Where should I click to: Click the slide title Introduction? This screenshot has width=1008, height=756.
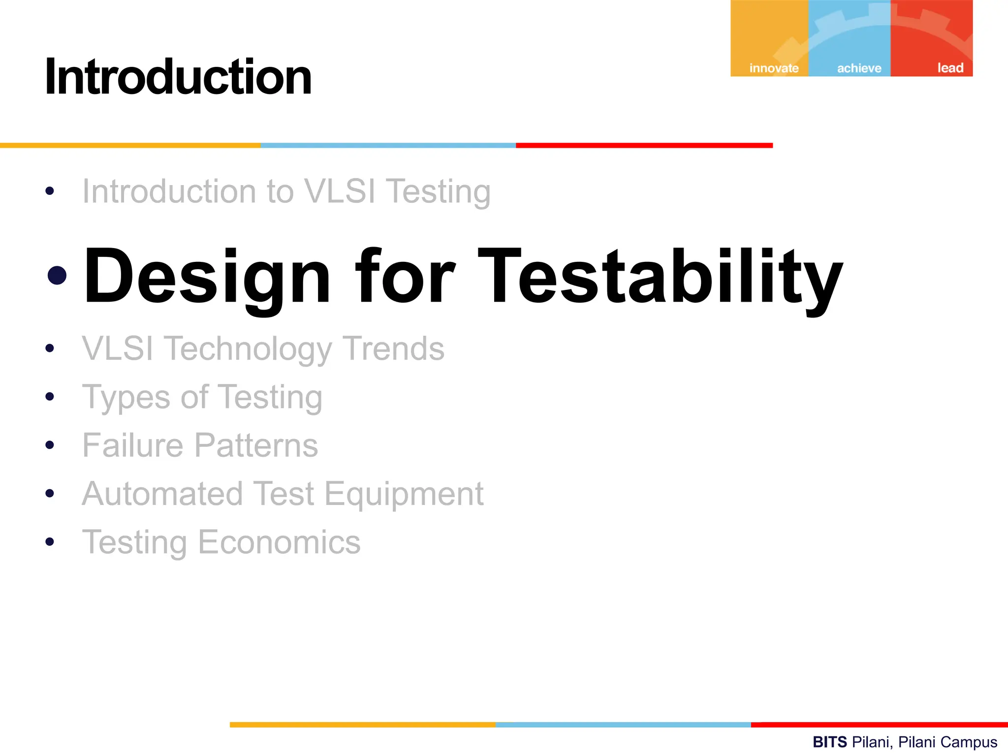pyautogui.click(x=178, y=77)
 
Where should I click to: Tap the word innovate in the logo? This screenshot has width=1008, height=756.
pyautogui.click(x=774, y=68)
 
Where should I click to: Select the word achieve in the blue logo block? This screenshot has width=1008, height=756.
pyautogui.click(x=859, y=68)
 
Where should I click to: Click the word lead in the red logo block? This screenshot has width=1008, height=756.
pyautogui.click(x=950, y=68)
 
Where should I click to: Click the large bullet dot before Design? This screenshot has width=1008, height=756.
pyautogui.click(x=57, y=276)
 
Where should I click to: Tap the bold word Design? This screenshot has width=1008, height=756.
pyautogui.click(x=207, y=277)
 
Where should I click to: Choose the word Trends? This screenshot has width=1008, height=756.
pyautogui.click(x=393, y=348)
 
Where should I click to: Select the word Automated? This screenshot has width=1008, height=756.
pyautogui.click(x=162, y=494)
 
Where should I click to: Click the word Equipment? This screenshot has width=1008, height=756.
pyautogui.click(x=404, y=494)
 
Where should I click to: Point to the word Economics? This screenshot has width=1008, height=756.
pyautogui.click(x=279, y=542)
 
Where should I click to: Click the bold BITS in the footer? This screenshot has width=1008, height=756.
pyautogui.click(x=829, y=742)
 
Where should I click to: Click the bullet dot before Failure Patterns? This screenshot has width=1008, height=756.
pyautogui.click(x=49, y=445)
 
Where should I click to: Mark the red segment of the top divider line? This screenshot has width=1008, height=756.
pyautogui.click(x=644, y=146)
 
